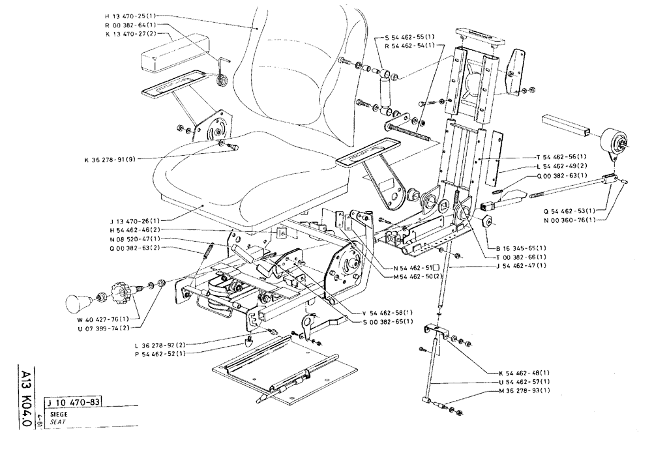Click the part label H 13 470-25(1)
(x=131, y=14)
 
